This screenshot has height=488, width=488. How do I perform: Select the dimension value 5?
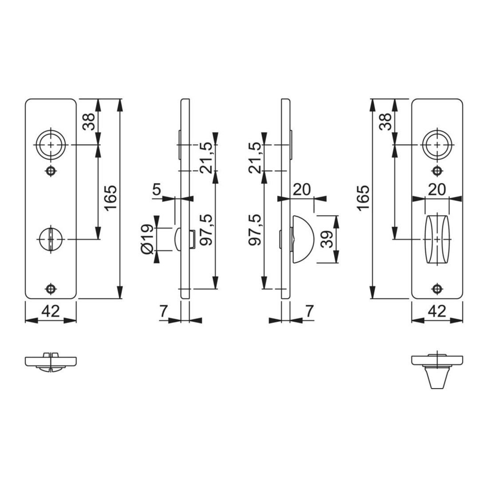coord(157,189)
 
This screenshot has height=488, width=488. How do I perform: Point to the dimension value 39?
coord(327,239)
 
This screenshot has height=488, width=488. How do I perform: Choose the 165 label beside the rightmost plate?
coord(363,198)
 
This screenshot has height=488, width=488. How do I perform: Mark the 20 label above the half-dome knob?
coord(302,189)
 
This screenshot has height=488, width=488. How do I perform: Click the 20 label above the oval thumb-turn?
coord(437,189)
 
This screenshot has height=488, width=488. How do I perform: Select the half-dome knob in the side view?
coord(303,239)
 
